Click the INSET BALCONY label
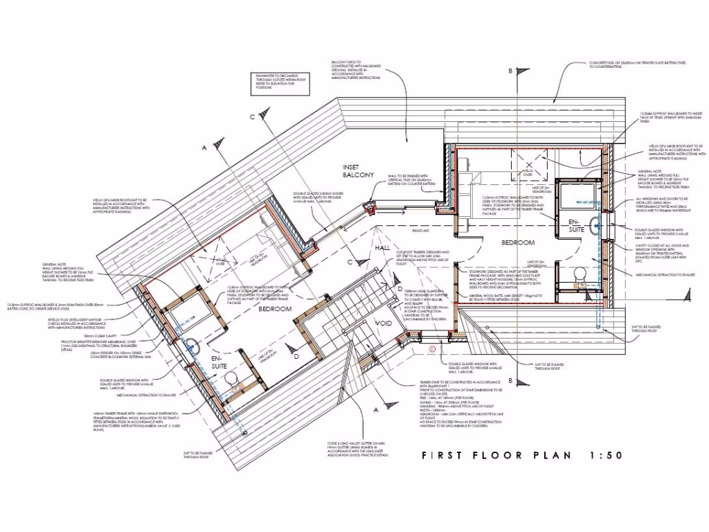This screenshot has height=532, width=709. tap(358, 171)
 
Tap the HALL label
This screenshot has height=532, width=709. tap(383, 247)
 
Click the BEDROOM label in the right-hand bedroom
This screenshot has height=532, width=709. tap(519, 242)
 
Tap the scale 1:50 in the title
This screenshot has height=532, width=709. tap(606, 455)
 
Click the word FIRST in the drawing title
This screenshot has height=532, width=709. tap(446, 455)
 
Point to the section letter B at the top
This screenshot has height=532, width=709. tap(510, 71)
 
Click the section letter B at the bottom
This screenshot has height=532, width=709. tap(510, 380)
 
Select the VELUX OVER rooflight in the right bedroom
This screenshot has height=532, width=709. tap(528, 168)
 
